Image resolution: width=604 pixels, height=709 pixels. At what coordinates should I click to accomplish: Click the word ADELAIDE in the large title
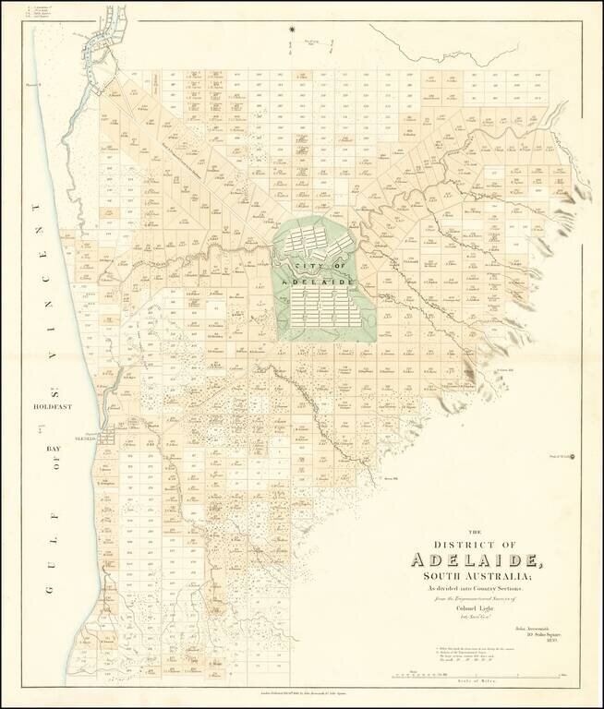pyautogui.click(x=477, y=559)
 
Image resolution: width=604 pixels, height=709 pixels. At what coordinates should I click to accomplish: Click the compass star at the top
pyautogui.click(x=293, y=34)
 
